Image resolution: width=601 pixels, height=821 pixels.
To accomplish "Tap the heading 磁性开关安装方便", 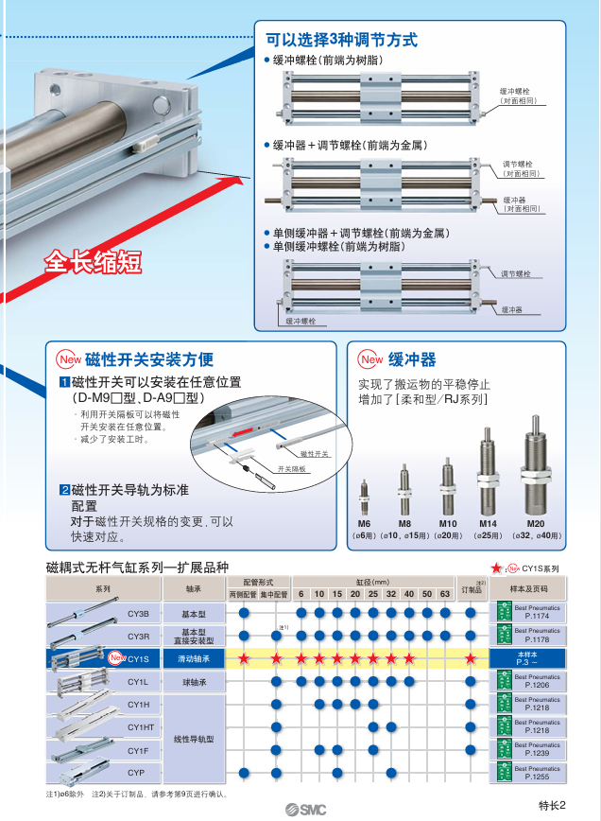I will pos(148,359).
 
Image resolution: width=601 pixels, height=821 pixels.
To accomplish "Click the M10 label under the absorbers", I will pos(447,523).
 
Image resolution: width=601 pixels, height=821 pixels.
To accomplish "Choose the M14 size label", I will pos(488,523).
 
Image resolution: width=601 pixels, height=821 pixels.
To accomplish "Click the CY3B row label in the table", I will pos(138,613).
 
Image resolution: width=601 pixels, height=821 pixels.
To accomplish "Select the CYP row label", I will pos(138,773).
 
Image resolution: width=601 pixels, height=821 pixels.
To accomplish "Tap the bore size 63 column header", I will pos(445,593).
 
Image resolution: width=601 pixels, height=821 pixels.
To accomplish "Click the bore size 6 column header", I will pos(300,593).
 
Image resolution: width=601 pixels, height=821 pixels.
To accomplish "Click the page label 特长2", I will pos(551,806).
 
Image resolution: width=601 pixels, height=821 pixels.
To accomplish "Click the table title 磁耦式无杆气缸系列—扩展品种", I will pos(137,567).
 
